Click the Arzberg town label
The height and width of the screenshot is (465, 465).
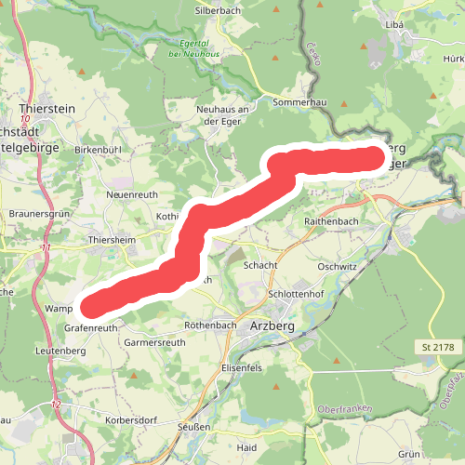pos(272,326)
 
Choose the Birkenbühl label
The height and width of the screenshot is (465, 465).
pos(99,149)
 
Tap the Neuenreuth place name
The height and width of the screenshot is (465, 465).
pos(128,194)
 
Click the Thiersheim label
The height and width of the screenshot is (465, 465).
pos(112,239)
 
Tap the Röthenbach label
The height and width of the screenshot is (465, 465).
pos(209,325)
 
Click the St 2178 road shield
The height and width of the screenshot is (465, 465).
pos(434,347)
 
